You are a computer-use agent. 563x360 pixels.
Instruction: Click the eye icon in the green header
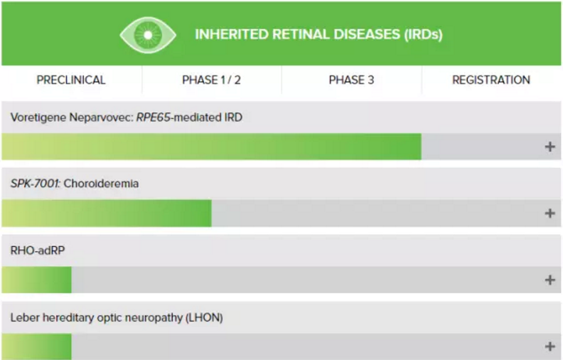(x=148, y=35)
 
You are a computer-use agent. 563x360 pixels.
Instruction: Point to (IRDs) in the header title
(x=424, y=35)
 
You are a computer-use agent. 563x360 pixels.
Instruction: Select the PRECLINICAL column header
(x=71, y=80)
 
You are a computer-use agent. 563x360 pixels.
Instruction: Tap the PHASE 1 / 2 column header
(x=212, y=80)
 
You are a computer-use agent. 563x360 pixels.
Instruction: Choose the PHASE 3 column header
(x=351, y=80)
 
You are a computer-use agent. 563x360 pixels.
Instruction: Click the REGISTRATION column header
(x=491, y=80)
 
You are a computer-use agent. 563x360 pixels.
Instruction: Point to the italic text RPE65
(x=153, y=117)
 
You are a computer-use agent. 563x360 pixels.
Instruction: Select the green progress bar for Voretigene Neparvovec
(x=212, y=147)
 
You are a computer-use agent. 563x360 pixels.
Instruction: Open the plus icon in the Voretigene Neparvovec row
(x=549, y=147)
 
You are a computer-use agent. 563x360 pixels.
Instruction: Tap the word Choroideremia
(x=101, y=184)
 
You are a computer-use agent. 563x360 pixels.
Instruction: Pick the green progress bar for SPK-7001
(x=107, y=213)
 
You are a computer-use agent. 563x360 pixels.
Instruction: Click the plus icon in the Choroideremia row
(x=549, y=213)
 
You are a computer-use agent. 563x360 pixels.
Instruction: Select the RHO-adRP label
(x=38, y=250)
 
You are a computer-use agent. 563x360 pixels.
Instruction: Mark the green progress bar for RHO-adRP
(x=37, y=280)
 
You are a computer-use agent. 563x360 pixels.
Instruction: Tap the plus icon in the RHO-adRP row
(x=549, y=280)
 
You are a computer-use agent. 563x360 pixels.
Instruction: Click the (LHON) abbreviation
(x=204, y=317)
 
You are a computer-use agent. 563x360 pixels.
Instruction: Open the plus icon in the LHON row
(x=549, y=346)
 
